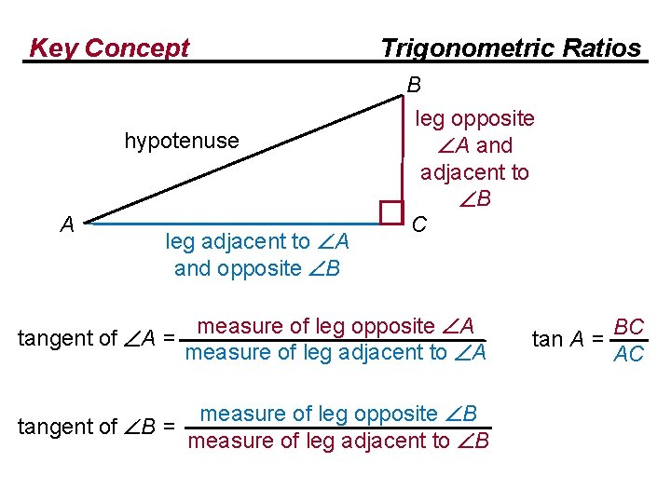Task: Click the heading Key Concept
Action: click(109, 48)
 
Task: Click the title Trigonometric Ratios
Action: click(511, 48)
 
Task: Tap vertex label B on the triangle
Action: click(415, 85)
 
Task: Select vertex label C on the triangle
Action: click(419, 224)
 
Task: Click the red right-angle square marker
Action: click(391, 213)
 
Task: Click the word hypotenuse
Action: click(182, 141)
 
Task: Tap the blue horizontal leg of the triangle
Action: click(233, 224)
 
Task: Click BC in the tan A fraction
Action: click(630, 327)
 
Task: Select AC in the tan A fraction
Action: click(629, 354)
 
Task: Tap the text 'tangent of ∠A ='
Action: click(97, 338)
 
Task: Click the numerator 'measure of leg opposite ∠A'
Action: click(336, 326)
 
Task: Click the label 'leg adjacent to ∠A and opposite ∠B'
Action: click(256, 255)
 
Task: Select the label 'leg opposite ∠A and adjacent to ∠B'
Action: click(474, 158)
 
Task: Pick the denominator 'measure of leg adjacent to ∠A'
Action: click(335, 353)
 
